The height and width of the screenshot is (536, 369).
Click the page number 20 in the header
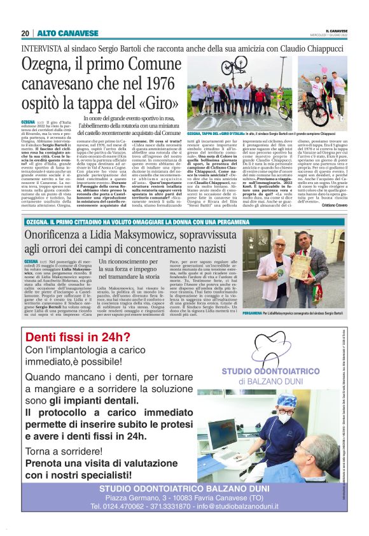[25, 33]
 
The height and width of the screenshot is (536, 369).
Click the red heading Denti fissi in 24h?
[70, 337]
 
